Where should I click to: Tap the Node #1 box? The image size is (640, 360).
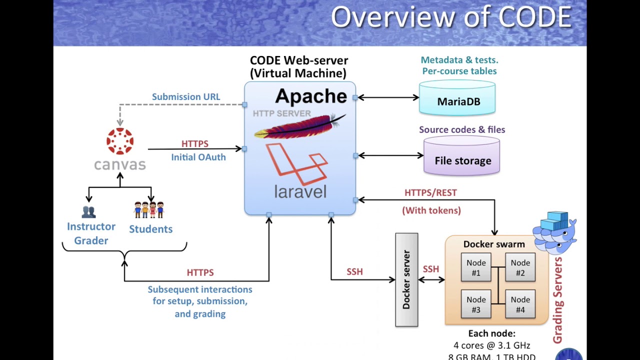tap(476, 267)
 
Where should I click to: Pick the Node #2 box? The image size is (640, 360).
tap(520, 267)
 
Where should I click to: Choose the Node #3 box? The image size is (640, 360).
tap(476, 304)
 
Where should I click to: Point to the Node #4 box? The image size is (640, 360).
tap(520, 304)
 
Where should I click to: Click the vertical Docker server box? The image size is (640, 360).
tap(406, 280)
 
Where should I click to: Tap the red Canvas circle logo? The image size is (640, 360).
tap(120, 141)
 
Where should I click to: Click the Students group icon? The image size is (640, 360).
tap(149, 209)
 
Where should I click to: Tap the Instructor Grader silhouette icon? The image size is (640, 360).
tap(88, 212)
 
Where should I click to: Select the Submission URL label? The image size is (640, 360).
tap(186, 97)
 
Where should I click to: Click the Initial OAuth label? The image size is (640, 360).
tap(198, 157)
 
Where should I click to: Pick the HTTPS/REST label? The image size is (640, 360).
tap(430, 192)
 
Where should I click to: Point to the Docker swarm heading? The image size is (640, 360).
tap(494, 244)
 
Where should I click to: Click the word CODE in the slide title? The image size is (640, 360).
tap(534, 17)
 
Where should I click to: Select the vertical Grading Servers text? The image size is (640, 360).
tap(558, 300)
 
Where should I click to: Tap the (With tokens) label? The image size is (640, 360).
tap(431, 210)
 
